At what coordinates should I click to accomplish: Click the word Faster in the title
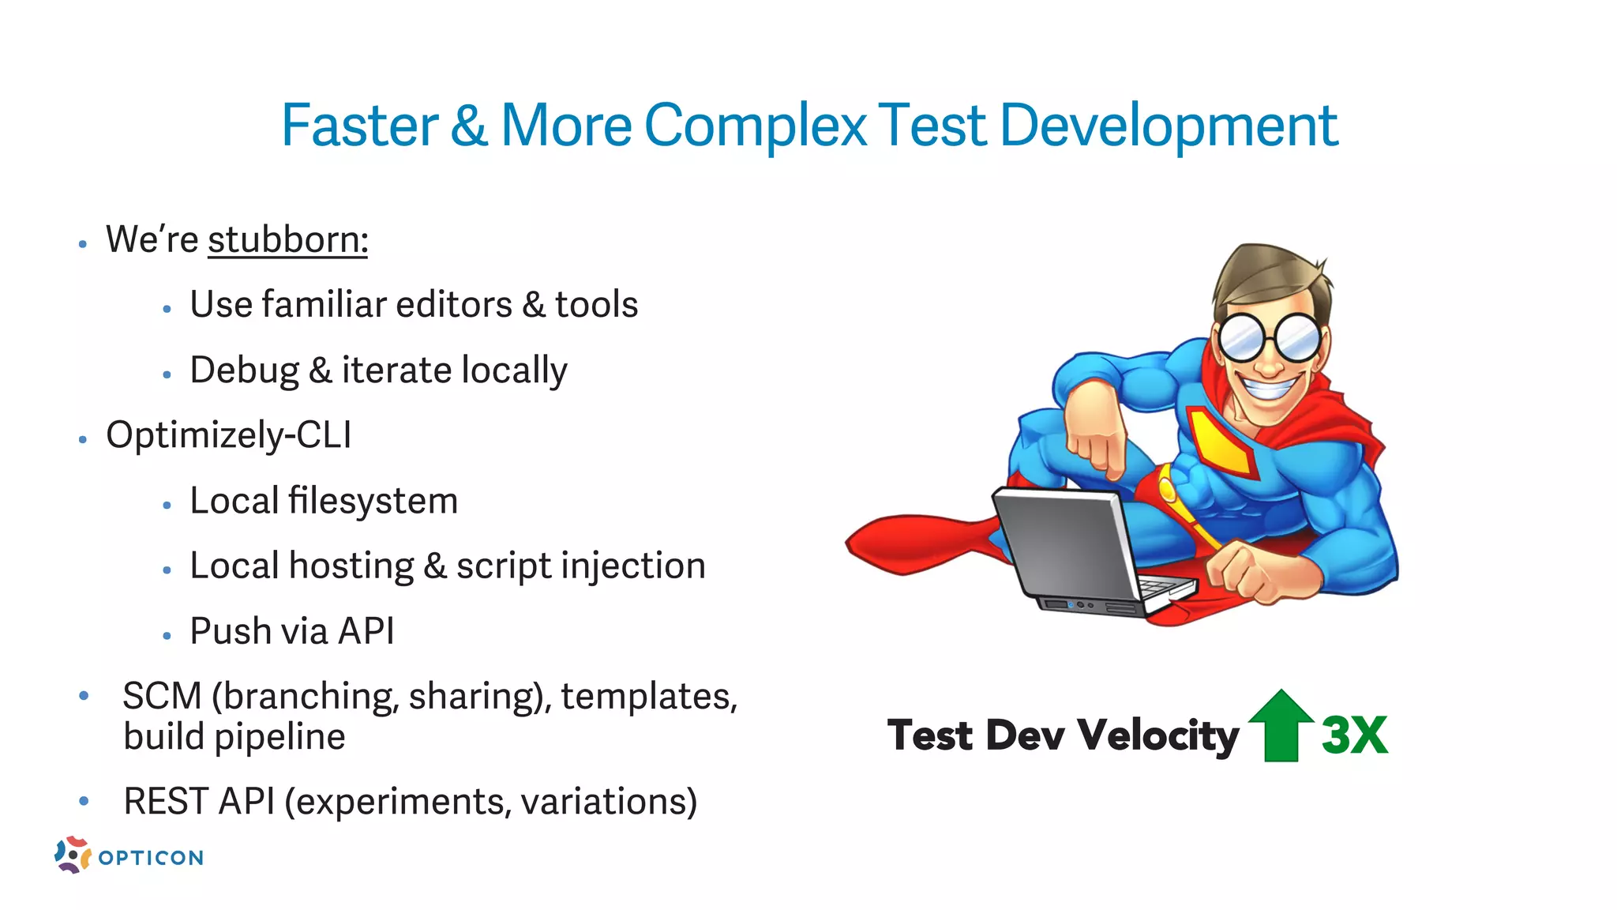pyautogui.click(x=359, y=126)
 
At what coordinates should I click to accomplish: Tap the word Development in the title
pyautogui.click(x=1169, y=126)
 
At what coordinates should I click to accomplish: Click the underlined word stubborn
pyautogui.click(x=287, y=240)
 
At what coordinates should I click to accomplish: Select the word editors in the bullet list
pyautogui.click(x=454, y=305)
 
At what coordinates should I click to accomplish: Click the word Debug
pyautogui.click(x=245, y=370)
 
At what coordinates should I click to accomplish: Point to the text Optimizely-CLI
pyautogui.click(x=229, y=435)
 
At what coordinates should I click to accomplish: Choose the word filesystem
pyautogui.click(x=373, y=501)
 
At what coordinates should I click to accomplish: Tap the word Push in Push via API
pyautogui.click(x=230, y=631)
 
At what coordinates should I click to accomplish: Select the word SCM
pyautogui.click(x=162, y=697)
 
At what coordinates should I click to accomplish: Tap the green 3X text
pyautogui.click(x=1354, y=735)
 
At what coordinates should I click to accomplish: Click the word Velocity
pyautogui.click(x=1157, y=735)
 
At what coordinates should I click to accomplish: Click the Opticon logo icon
pyautogui.click(x=72, y=855)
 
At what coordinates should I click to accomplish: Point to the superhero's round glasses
pyautogui.click(x=1270, y=338)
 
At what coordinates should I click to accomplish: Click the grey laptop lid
pyautogui.click(x=1066, y=545)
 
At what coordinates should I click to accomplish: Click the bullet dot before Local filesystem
pyautogui.click(x=167, y=506)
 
